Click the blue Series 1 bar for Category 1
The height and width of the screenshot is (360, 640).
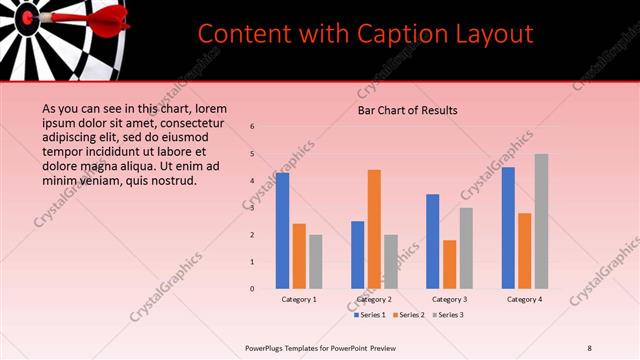tap(283, 230)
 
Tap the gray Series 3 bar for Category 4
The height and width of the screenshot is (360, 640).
tap(541, 221)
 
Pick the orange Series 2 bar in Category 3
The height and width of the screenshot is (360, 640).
tap(449, 264)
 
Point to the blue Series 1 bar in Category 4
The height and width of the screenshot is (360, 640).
tap(508, 227)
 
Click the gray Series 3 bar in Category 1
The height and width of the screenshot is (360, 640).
tap(316, 261)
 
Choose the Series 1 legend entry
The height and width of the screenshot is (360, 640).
tap(369, 315)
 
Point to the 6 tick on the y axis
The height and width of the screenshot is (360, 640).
tap(253, 127)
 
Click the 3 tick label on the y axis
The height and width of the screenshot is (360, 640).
tap(253, 208)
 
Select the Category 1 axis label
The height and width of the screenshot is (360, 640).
tap(299, 299)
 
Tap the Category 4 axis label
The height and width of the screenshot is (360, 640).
tap(524, 299)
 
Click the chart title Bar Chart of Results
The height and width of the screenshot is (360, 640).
tap(408, 111)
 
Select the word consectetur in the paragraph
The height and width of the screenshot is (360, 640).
tap(212, 123)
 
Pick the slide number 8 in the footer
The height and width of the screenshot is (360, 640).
tap(589, 347)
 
